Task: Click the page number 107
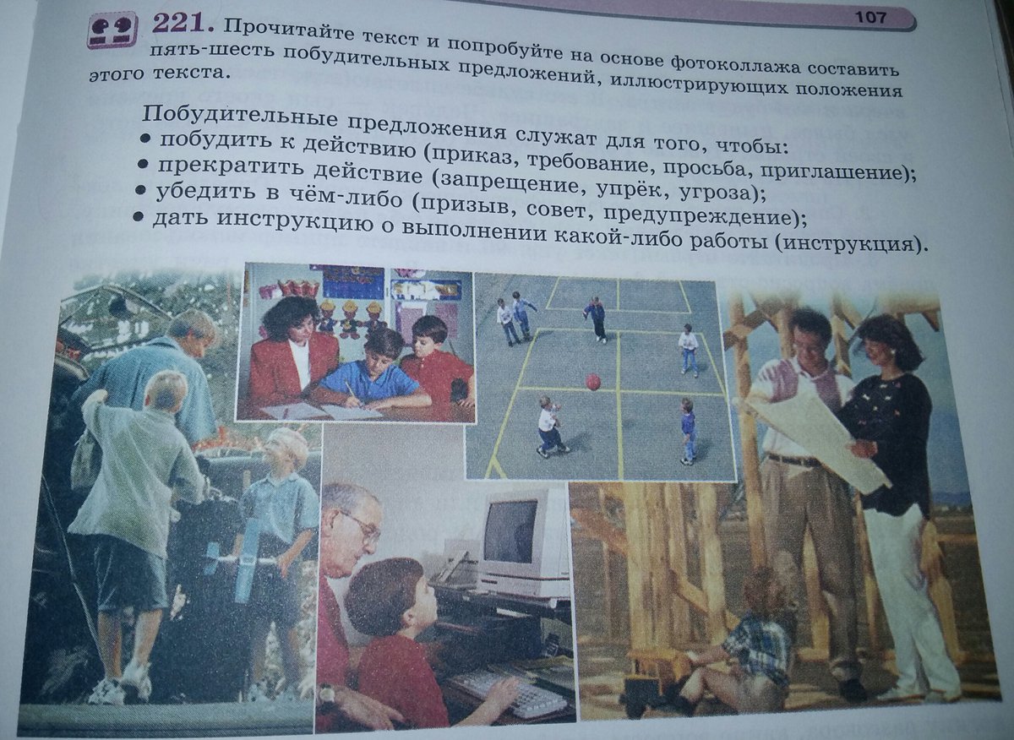[870, 18]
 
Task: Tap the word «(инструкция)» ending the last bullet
[847, 244]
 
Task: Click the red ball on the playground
[593, 383]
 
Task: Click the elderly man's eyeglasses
[359, 526]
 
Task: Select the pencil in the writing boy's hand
[350, 390]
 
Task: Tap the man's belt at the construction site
[793, 460]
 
